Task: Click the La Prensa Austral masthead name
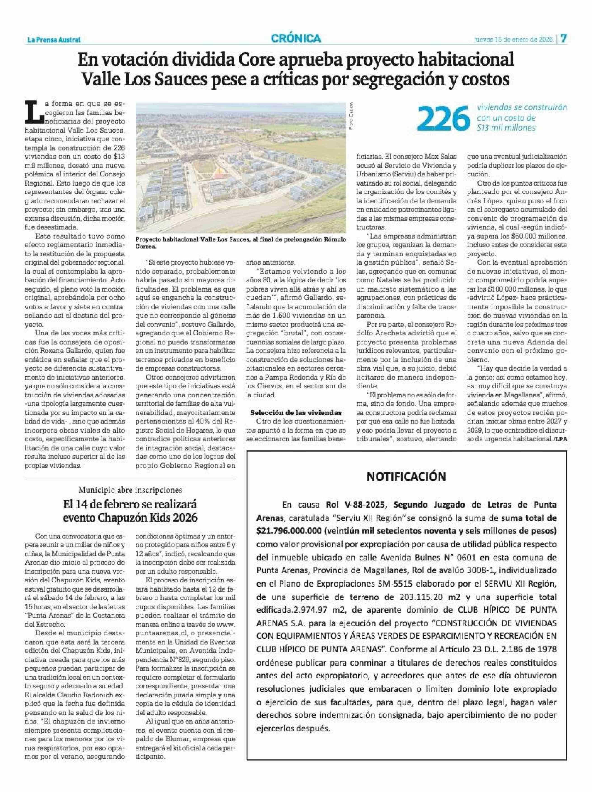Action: click(54, 40)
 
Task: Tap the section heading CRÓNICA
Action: click(296, 38)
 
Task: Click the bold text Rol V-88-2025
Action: click(357, 505)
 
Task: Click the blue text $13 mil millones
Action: click(506, 127)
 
